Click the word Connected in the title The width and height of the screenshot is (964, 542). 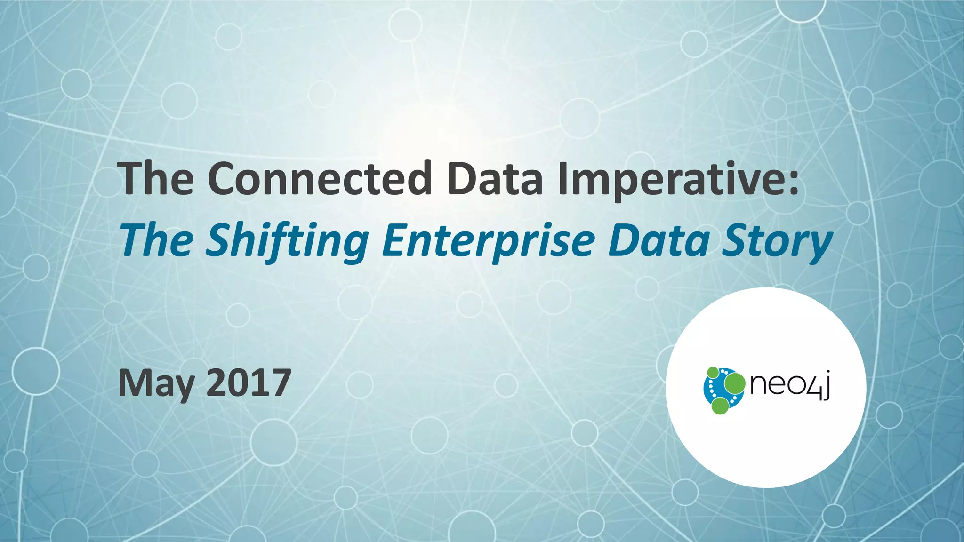[319, 179]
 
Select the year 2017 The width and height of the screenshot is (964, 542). [249, 383]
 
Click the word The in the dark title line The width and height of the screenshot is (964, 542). [156, 179]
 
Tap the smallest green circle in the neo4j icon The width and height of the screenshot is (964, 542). [713, 372]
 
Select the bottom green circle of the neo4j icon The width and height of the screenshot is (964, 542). [720, 405]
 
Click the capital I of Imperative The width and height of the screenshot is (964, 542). [563, 179]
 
